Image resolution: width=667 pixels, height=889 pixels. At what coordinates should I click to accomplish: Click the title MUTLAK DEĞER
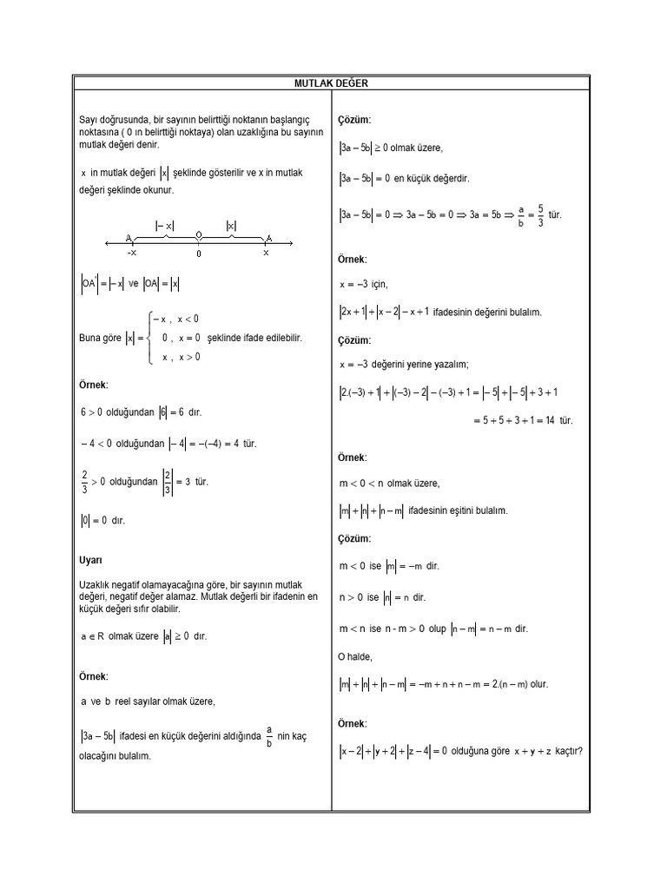(x=331, y=82)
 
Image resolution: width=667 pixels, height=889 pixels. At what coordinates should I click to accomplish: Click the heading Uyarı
(x=90, y=561)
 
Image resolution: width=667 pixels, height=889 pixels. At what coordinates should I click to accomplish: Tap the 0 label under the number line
(x=199, y=254)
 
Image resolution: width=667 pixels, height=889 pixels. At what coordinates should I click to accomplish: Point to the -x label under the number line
(x=131, y=254)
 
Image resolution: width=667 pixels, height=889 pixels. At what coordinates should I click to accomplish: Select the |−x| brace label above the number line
(x=165, y=226)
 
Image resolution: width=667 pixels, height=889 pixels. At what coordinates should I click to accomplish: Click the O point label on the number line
(x=199, y=235)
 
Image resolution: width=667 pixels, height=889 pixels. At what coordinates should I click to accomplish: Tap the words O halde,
(x=355, y=656)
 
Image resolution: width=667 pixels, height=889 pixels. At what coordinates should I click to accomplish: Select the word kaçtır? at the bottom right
(x=563, y=751)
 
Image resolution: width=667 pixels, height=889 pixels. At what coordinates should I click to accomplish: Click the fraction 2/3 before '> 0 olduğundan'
(x=84, y=481)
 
